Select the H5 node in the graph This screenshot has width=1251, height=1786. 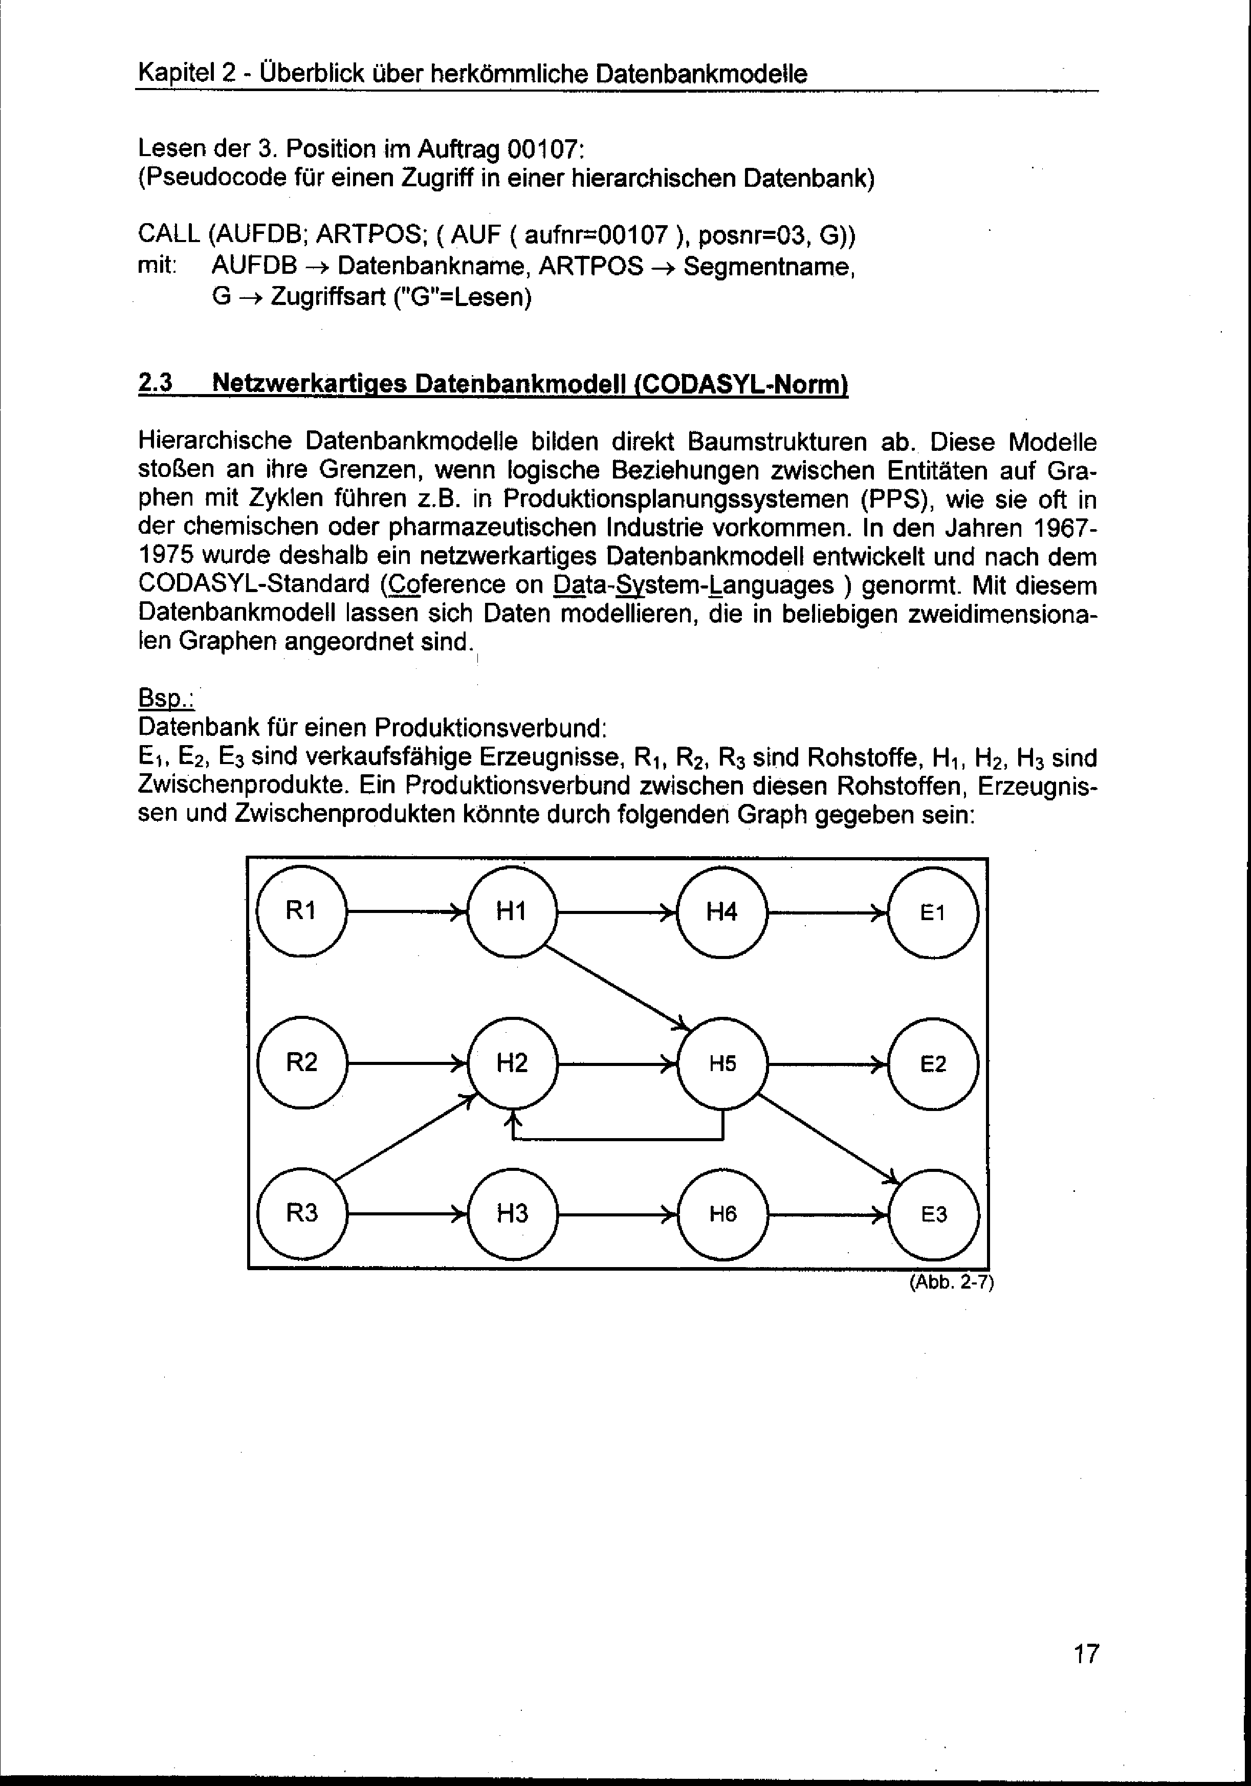point(722,1063)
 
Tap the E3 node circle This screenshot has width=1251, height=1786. point(934,1214)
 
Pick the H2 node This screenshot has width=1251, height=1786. point(512,1063)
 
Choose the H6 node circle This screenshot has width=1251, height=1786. point(722,1214)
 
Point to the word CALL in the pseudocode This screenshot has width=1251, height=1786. point(169,234)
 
